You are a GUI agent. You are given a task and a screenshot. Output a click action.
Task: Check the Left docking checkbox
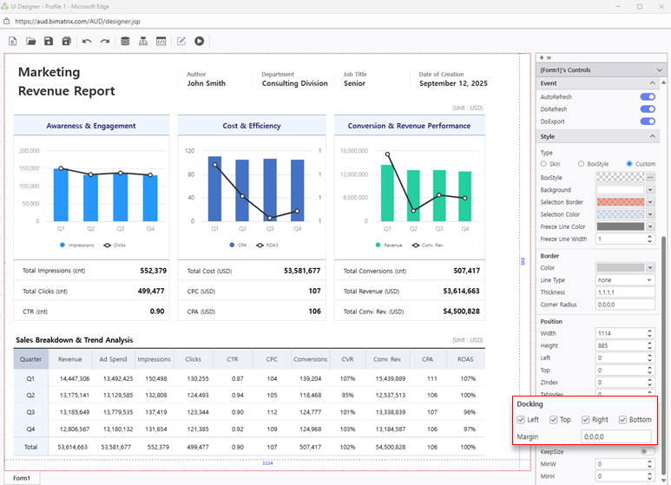[x=521, y=420]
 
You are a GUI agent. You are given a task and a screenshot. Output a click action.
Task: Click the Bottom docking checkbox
[x=623, y=420]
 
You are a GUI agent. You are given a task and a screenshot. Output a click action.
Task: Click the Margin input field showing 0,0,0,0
[x=616, y=436]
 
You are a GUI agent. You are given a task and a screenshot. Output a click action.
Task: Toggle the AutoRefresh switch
[x=647, y=96]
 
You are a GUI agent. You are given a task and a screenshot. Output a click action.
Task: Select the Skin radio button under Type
[x=544, y=163]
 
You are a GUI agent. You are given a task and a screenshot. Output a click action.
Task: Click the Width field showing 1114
[x=619, y=333]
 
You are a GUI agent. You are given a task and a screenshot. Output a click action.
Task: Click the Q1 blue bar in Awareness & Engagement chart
[x=61, y=194]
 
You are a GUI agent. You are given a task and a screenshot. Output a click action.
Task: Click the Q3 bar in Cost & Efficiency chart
[x=270, y=189]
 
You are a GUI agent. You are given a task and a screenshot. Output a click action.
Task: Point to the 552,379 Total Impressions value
[x=153, y=271]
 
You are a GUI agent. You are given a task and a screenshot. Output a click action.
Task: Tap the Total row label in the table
[x=31, y=445]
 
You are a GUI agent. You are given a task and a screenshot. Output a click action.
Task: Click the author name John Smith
[x=207, y=83]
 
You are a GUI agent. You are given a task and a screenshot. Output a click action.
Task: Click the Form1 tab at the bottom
[x=22, y=478]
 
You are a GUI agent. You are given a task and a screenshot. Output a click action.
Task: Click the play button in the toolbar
[x=200, y=41]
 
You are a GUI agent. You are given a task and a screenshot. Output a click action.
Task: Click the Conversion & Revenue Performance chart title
[x=409, y=126]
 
